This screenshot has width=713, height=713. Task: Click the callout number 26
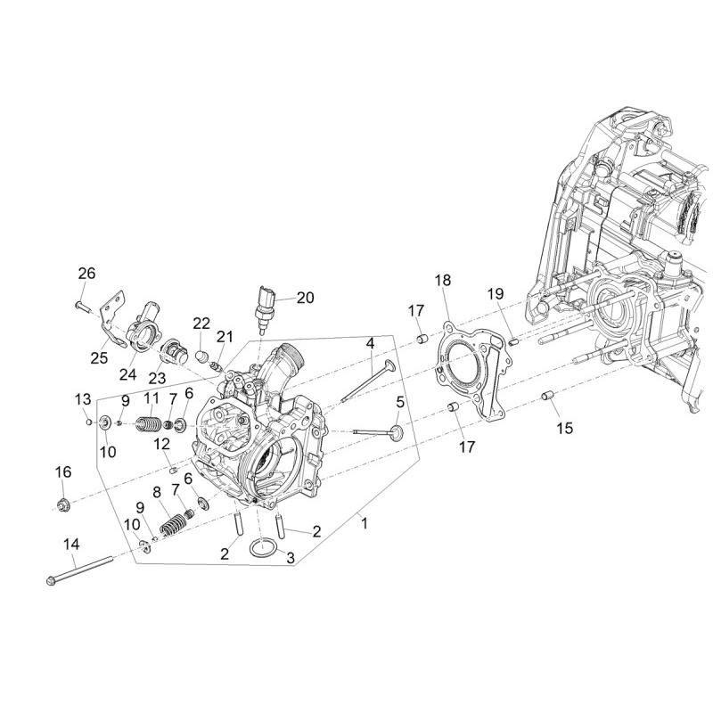pos(86,274)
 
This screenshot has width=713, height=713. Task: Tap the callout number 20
pos(305,298)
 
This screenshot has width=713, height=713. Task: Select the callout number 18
pos(442,280)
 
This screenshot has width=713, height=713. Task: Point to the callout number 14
pos(71,544)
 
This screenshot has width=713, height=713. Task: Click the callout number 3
pos(291,558)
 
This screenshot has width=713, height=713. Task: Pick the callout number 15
pos(565,428)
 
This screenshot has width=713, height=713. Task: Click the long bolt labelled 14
pos(79,570)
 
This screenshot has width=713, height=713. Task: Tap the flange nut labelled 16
pos(62,504)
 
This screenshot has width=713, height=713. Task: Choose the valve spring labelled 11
pos(148,425)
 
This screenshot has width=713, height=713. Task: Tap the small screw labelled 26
pos(84,305)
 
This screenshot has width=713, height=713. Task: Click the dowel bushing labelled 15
pos(547,396)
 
